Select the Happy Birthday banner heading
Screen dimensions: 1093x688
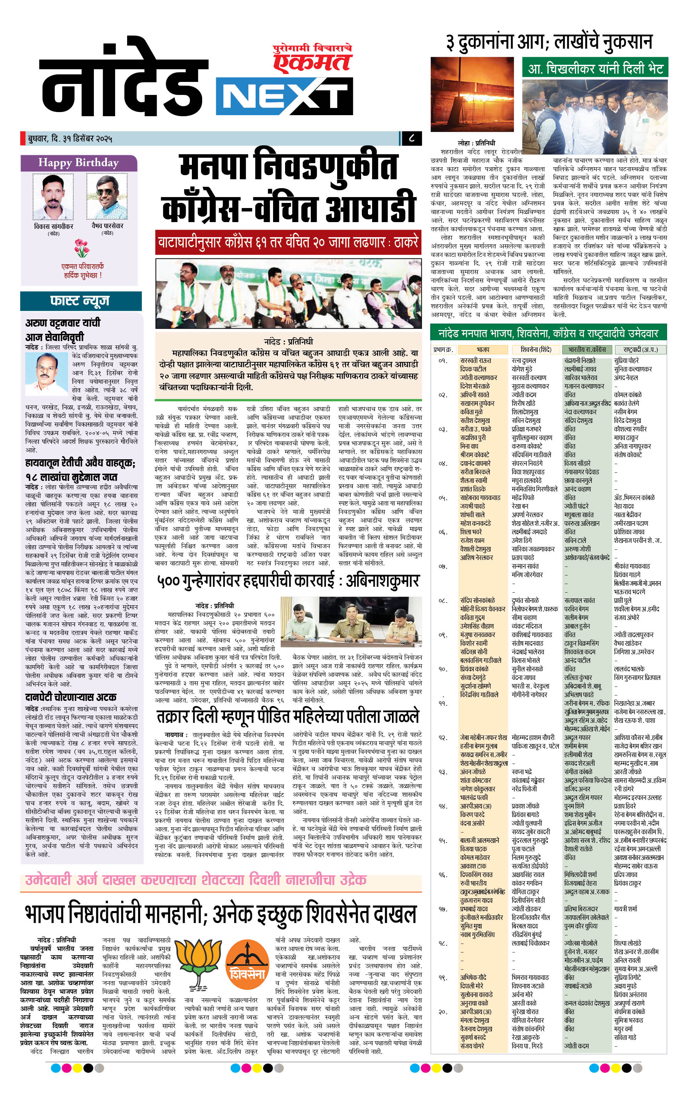78,162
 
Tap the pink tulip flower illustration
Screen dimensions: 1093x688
82,248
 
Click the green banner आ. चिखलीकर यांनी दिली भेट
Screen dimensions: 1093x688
595,69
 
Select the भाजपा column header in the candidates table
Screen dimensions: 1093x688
482,350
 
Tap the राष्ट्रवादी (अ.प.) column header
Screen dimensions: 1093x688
640,350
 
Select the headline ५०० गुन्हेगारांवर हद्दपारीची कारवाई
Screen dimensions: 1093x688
288,581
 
